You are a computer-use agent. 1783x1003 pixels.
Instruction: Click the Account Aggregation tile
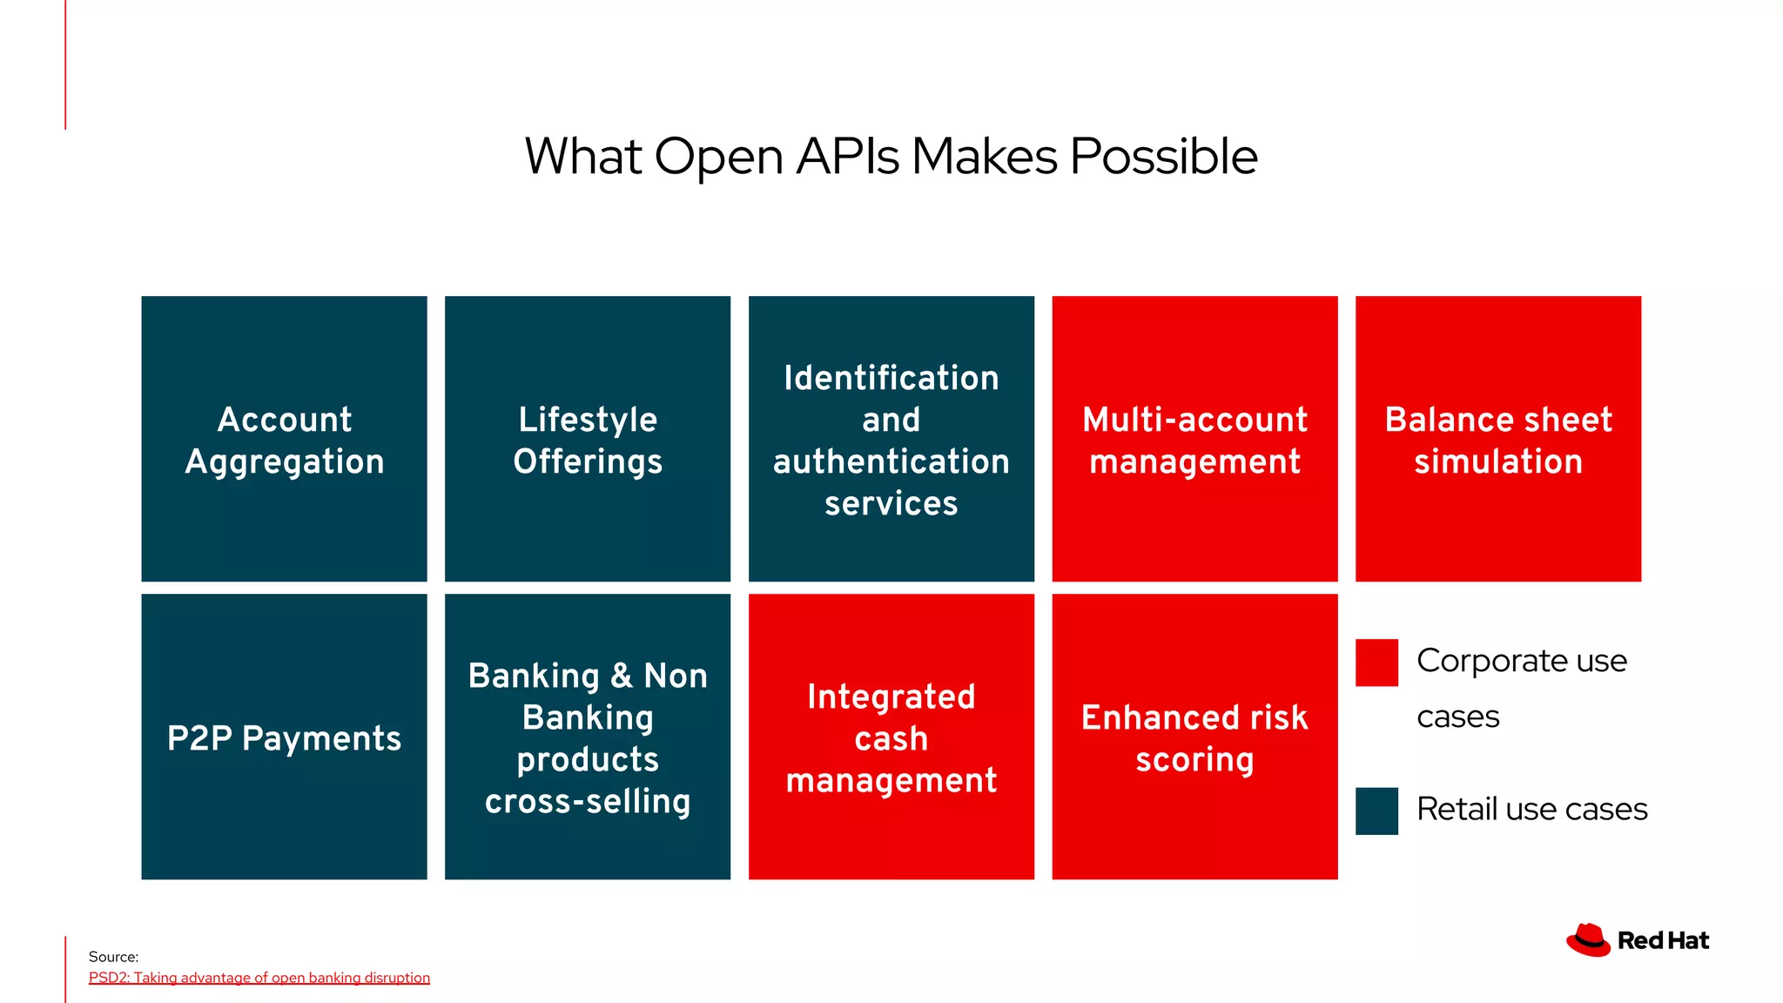click(x=284, y=439)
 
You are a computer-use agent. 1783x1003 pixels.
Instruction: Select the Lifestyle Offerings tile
click(x=588, y=439)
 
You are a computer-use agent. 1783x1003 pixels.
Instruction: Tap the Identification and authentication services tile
click(x=891, y=439)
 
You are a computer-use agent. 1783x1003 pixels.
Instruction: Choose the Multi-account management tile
click(x=1194, y=439)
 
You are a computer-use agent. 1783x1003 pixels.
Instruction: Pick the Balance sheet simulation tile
click(x=1497, y=439)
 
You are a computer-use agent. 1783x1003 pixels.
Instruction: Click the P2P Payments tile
click(x=284, y=737)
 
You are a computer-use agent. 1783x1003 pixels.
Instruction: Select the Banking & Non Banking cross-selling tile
click(x=588, y=737)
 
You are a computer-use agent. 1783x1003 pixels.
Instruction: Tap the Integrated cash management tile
click(x=891, y=737)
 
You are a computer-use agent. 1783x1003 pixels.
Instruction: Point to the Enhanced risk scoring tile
click(x=1194, y=737)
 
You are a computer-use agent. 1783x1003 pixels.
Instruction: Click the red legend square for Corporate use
click(x=1376, y=663)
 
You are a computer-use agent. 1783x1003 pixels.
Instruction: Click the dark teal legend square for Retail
click(x=1376, y=811)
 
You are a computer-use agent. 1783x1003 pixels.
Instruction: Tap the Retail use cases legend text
click(x=1531, y=809)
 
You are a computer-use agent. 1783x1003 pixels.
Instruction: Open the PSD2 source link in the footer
click(x=259, y=978)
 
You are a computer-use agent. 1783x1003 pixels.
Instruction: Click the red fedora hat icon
click(x=1588, y=940)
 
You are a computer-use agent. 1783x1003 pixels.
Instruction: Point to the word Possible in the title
click(x=1163, y=157)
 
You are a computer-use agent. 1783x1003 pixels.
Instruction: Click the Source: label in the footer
click(x=113, y=957)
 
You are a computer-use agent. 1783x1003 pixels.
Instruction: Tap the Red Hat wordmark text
click(x=1663, y=940)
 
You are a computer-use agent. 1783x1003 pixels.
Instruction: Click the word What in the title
click(x=583, y=157)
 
